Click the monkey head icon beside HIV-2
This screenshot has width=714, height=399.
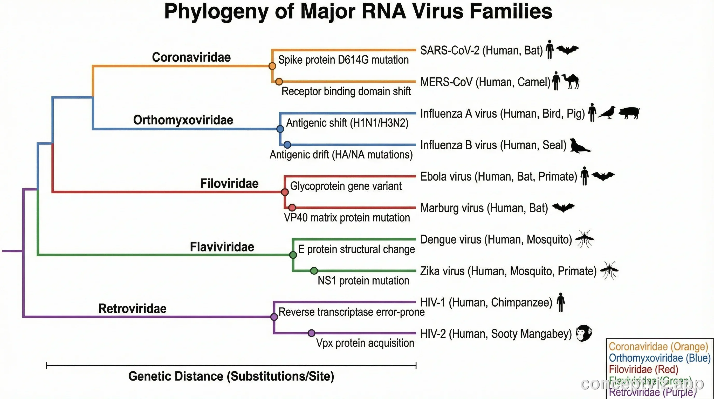584,333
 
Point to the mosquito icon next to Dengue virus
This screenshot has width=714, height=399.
584,239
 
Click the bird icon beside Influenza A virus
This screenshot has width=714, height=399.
607,113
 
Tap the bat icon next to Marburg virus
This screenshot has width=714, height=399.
563,208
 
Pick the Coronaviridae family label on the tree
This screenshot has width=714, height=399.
191,57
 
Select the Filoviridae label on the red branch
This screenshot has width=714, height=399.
229,183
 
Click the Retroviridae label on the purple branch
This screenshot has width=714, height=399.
132,309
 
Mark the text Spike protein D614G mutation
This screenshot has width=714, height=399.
343,60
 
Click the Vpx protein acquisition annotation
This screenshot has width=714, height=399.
365,343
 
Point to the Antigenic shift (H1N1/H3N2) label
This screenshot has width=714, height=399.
347,123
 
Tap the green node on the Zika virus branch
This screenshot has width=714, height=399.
314,270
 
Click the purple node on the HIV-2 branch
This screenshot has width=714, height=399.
312,333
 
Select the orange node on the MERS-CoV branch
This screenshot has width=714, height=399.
279,82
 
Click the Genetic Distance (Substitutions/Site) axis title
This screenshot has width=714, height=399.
231,376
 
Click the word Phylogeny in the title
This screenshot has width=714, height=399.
216,12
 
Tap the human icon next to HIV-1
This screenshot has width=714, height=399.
561,302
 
